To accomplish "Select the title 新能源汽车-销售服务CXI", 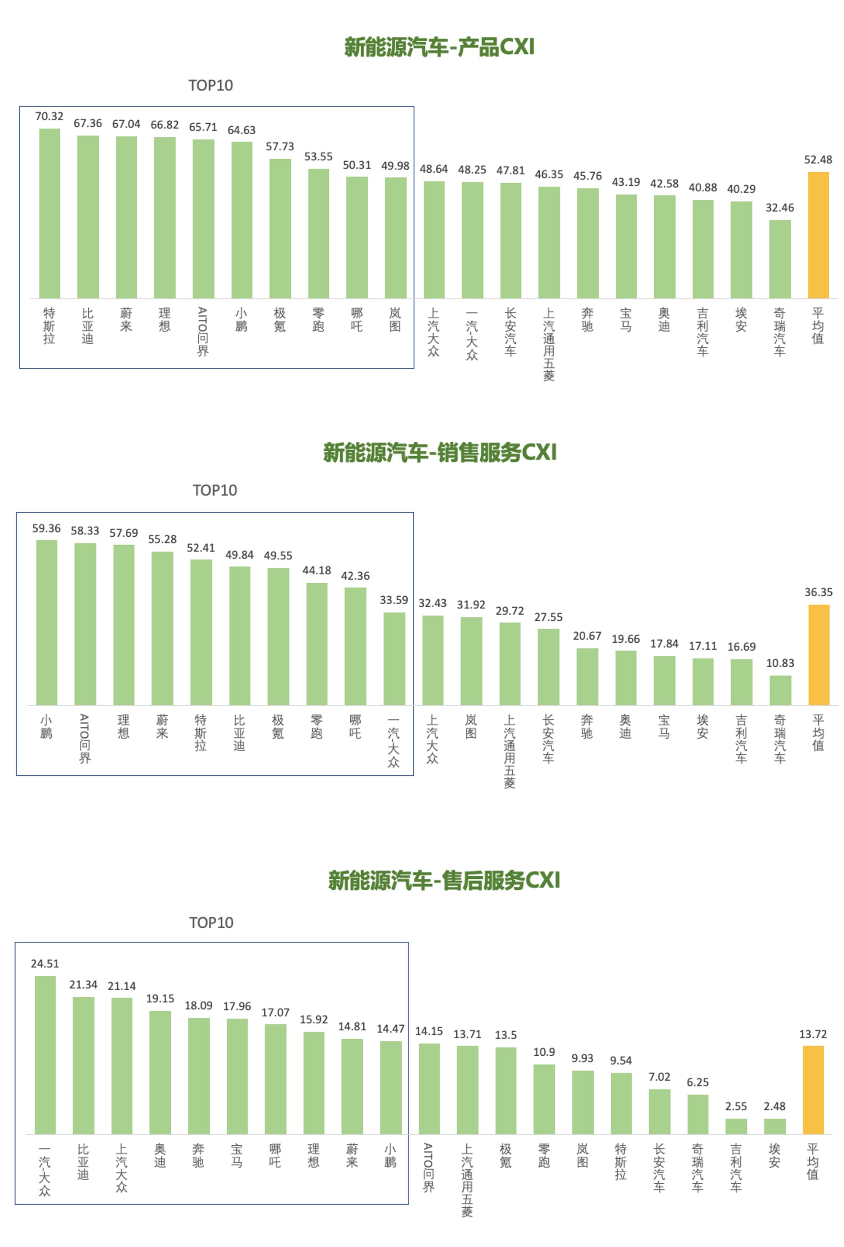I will coord(439,452).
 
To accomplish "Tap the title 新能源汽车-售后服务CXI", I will coord(444,880).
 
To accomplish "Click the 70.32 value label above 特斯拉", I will coord(49,117).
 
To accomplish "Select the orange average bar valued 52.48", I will coord(818,235).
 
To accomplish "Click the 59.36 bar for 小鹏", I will coord(47,622).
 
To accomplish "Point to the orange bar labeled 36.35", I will coord(818,655).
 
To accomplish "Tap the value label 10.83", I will coord(780,663).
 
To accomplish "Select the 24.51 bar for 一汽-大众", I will coord(45,1055).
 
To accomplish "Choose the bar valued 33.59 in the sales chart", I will coord(394,658).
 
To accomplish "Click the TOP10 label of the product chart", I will coord(211,85).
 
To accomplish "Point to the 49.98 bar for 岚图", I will coord(396,238).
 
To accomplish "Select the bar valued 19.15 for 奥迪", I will coord(160,1072).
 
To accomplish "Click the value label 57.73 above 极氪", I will coord(280,147).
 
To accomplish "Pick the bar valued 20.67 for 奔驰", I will coord(587,676).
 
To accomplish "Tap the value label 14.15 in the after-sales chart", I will coord(429,1031).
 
